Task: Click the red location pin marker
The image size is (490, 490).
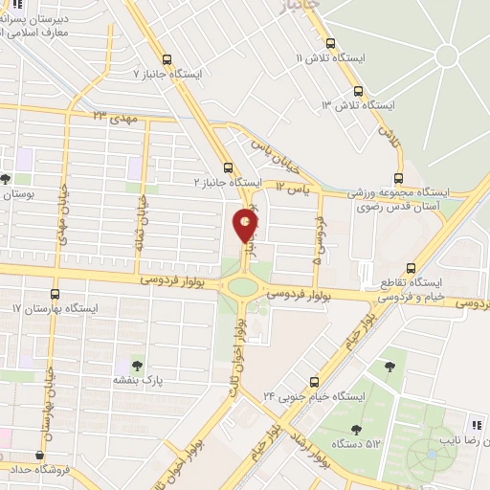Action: [x=246, y=225]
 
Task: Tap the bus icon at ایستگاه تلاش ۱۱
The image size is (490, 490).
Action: [x=331, y=43]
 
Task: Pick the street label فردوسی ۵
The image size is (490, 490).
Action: [x=317, y=241]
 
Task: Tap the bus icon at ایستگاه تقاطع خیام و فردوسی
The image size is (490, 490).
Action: [x=412, y=268]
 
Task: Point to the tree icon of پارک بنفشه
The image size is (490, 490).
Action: [x=135, y=365]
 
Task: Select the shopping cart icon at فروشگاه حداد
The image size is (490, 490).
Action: [x=38, y=456]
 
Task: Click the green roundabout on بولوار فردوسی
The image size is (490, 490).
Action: [x=244, y=286]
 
